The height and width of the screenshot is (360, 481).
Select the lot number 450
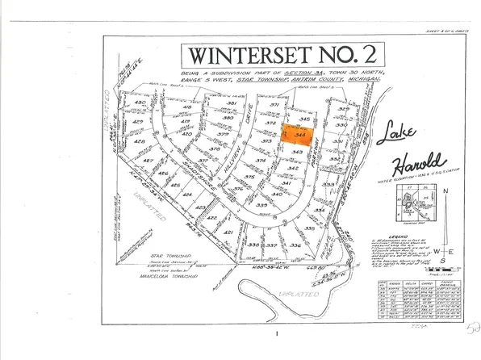click(139, 104)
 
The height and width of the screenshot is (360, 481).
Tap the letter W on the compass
click(427, 252)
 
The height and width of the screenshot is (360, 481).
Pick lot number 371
click(274, 106)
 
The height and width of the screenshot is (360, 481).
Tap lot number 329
click(341, 109)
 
